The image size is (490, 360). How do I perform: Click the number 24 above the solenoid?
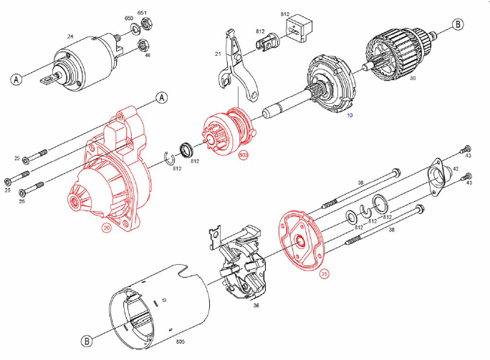click(x=70, y=37)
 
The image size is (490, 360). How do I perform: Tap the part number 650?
click(x=129, y=18)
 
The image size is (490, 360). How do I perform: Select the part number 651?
click(x=142, y=13)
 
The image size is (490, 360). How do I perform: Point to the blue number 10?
click(x=350, y=115)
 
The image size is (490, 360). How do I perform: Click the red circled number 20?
click(x=107, y=229)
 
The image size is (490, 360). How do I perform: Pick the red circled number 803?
click(x=243, y=156)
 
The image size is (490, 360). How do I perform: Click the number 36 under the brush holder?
click(x=256, y=306)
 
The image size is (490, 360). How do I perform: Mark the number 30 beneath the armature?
click(x=413, y=79)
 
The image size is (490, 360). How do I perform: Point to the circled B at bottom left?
click(x=87, y=341)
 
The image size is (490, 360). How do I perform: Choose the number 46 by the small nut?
click(x=147, y=54)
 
